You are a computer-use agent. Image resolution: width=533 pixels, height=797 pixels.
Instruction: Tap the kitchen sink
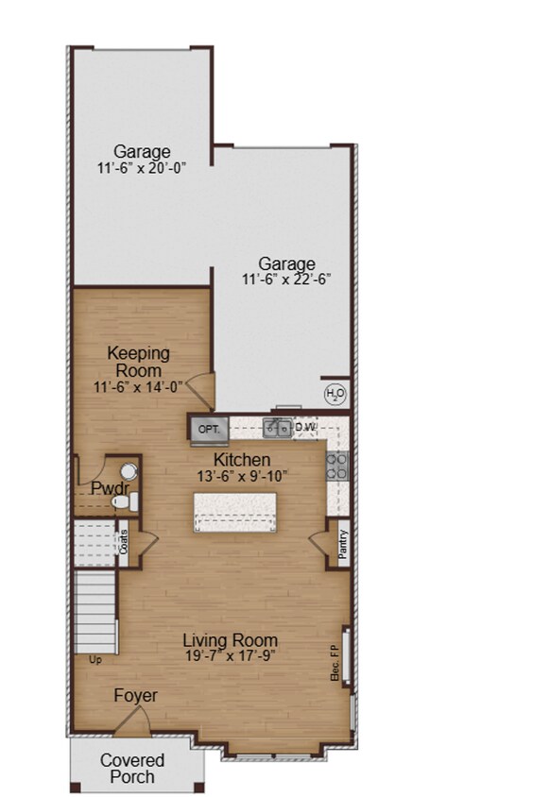(x=277, y=429)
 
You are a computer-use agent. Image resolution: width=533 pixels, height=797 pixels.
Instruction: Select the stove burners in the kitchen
(x=336, y=464)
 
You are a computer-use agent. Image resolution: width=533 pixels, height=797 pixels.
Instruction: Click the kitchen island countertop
(x=235, y=510)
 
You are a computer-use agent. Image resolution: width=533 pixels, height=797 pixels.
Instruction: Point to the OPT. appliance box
(x=208, y=430)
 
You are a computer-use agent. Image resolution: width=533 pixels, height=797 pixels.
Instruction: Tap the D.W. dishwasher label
(x=304, y=428)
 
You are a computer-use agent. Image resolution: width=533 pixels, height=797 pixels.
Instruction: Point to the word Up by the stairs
(x=95, y=659)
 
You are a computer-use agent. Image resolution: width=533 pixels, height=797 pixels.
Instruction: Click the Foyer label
(x=135, y=696)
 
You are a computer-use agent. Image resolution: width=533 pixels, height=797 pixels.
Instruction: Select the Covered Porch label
(x=132, y=769)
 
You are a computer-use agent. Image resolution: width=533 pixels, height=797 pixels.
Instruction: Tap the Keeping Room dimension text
(x=138, y=386)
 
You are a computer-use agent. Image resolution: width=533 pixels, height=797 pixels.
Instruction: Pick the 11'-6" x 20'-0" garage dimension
(x=142, y=168)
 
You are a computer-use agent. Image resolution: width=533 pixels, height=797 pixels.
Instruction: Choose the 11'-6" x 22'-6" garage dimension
(x=286, y=280)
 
